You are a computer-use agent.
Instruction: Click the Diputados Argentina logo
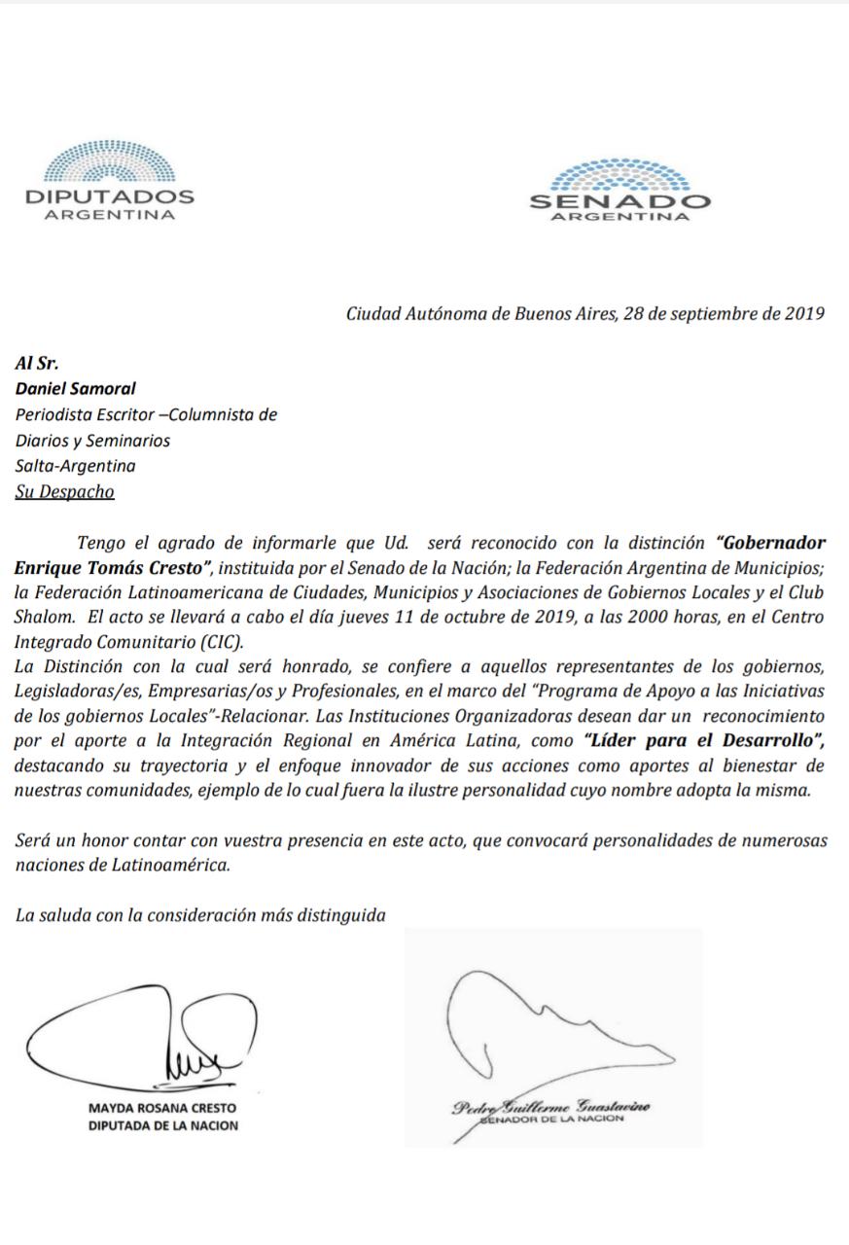tap(109, 181)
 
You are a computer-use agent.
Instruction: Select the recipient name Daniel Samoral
tap(75, 389)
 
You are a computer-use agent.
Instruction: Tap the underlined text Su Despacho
tap(65, 491)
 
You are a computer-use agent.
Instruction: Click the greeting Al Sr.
tap(37, 364)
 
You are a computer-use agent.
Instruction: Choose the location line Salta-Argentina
tap(75, 466)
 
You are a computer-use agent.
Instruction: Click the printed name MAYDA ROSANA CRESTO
tap(162, 1108)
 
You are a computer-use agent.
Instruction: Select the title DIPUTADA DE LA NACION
tap(162, 1126)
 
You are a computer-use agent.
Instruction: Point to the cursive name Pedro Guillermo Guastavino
tap(550, 1108)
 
